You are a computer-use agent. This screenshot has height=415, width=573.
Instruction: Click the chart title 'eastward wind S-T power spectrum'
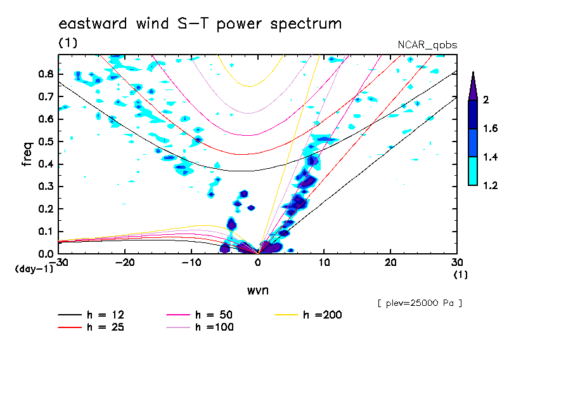coord(200,24)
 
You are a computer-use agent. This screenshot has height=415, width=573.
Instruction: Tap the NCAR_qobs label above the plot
coord(427,45)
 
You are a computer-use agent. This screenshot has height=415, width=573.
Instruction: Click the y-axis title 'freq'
coord(27,154)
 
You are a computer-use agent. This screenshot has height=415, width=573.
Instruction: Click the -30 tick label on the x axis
coord(61,262)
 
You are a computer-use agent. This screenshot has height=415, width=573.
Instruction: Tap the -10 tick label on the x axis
coord(191,262)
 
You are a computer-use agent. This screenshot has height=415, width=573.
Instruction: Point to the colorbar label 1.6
coord(490,129)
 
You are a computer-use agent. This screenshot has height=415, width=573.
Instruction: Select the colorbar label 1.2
coord(490,186)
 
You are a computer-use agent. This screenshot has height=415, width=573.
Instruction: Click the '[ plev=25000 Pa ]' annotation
coord(419,303)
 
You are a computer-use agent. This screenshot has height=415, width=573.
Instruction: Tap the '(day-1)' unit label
coord(34,269)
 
